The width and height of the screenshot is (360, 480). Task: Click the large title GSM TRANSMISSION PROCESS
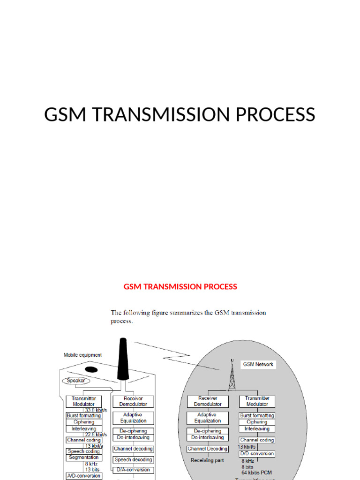180,115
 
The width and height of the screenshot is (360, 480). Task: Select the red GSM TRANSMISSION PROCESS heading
180,286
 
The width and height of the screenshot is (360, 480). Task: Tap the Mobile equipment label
82,355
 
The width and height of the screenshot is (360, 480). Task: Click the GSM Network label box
258,364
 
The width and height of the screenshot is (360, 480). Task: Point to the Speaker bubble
76,381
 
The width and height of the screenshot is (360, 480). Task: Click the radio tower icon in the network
232,375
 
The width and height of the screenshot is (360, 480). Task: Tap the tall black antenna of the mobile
122,358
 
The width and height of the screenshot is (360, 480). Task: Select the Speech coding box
83,451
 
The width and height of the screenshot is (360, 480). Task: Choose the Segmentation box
83,457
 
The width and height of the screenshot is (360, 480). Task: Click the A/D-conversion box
83,475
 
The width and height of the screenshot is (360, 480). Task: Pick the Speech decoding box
133,460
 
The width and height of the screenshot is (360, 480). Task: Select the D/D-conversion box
257,454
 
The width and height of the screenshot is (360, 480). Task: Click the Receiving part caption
207,460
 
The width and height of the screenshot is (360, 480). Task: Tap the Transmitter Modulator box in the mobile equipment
83,401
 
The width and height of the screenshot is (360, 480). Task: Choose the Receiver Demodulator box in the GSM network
208,401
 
